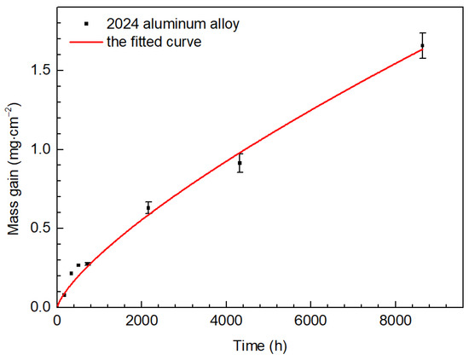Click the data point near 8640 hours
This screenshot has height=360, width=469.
pos(423,45)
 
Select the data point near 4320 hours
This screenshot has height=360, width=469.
pos(240,163)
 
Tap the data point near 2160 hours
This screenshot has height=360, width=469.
pos(148,208)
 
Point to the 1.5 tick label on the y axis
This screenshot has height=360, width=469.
pos(40,70)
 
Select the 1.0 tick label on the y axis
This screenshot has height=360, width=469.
pos(40,149)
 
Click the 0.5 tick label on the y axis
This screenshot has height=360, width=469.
pos(40,228)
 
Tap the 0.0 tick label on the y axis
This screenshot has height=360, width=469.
pos(40,306)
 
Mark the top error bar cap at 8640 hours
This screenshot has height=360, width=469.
pos(423,32)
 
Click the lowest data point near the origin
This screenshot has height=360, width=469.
pos(64,295)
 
